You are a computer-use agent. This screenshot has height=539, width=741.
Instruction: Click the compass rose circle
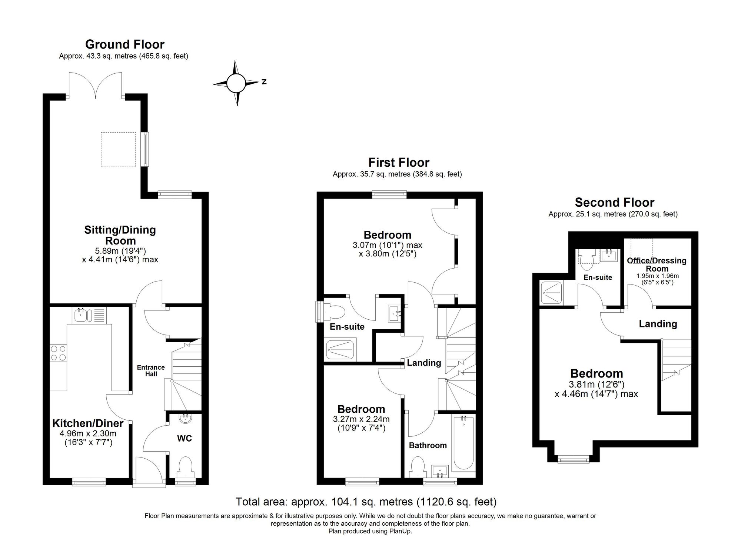click(236, 83)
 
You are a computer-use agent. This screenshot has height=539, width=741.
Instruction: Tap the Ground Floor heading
click(124, 44)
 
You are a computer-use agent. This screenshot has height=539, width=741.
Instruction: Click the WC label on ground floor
click(184, 439)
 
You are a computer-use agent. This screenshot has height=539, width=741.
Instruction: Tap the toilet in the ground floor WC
click(185, 468)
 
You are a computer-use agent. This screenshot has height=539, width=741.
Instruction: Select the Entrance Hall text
click(150, 370)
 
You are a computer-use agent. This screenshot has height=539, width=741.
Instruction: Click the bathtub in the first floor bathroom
click(463, 443)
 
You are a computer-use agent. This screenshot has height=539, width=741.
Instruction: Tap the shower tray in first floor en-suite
click(340, 350)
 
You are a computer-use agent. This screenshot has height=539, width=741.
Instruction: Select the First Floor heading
click(399, 163)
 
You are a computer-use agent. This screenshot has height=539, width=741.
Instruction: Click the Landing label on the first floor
click(424, 363)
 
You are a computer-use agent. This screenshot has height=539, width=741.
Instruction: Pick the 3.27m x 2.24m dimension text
click(361, 419)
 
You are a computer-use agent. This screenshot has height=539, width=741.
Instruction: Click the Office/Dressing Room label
click(657, 264)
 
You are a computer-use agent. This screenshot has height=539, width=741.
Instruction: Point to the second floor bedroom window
click(573, 460)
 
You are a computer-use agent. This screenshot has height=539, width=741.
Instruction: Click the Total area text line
click(366, 502)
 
